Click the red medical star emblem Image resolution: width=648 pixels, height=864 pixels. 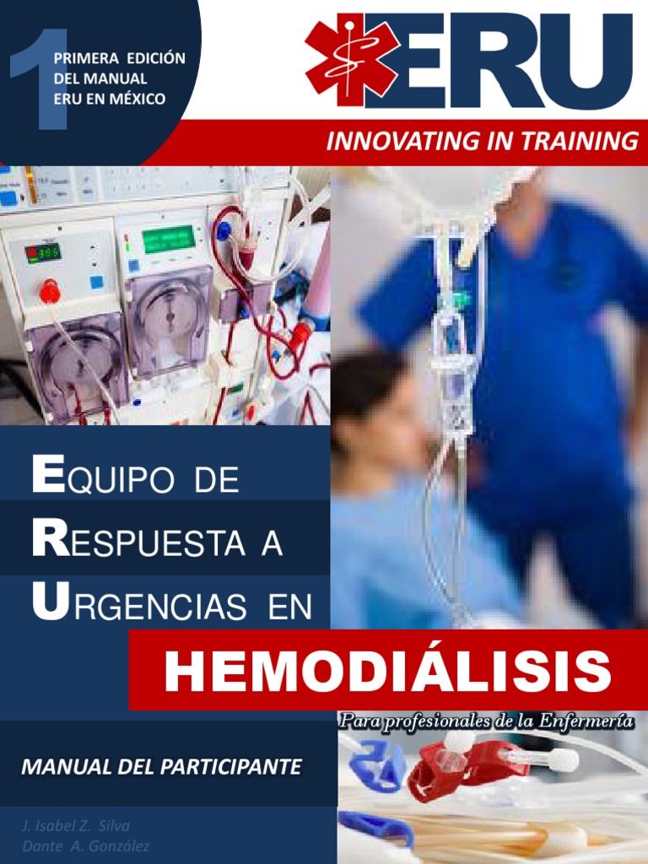[x=352, y=60]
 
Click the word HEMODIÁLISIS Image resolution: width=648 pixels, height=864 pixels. [x=388, y=672]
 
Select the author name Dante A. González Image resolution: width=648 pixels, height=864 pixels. [x=86, y=846]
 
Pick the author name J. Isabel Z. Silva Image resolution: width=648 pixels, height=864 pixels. [x=76, y=825]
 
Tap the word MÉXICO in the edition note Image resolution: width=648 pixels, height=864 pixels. [x=136, y=98]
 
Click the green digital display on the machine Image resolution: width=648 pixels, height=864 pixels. [x=169, y=240]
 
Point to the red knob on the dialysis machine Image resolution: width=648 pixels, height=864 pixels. [x=50, y=292]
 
